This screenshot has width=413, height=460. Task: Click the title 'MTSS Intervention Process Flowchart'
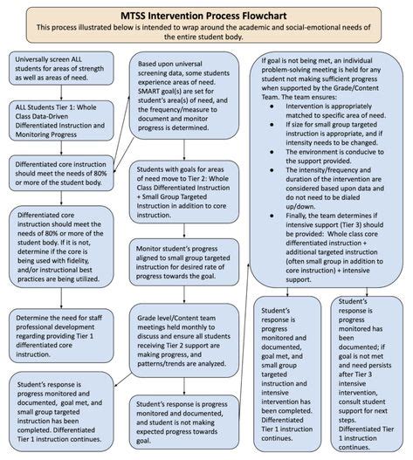[206, 13]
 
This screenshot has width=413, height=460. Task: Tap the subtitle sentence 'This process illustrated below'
[206, 31]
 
